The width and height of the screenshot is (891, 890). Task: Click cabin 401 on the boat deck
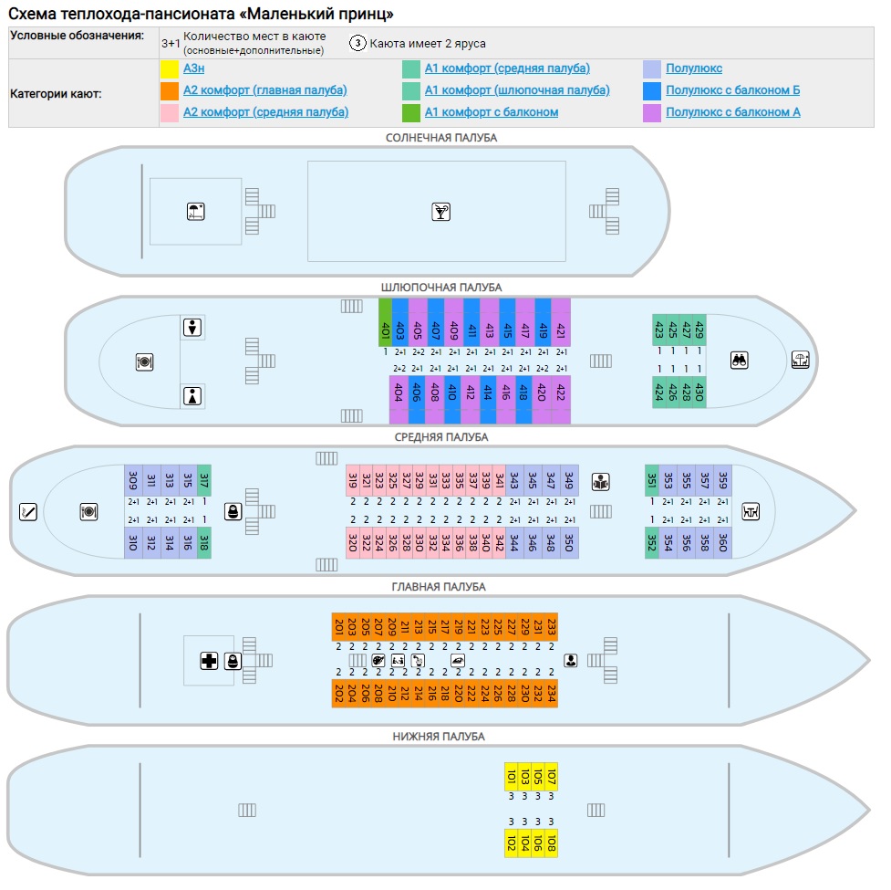tap(385, 322)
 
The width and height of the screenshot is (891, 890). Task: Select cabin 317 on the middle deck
tap(204, 480)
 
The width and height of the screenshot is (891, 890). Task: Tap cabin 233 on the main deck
tap(551, 627)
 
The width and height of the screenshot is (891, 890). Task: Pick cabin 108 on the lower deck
tap(551, 843)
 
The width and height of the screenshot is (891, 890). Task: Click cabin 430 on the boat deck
tap(699, 392)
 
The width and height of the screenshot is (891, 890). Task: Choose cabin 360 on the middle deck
tap(723, 543)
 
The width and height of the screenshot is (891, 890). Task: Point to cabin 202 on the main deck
tap(338, 693)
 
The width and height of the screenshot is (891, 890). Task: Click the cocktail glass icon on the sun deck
tap(440, 212)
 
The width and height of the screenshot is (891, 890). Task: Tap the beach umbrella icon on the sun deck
tap(195, 212)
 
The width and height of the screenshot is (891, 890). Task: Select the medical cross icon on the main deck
tap(209, 661)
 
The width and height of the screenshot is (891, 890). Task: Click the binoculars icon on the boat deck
tap(739, 360)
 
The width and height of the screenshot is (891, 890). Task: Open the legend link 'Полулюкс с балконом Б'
tap(732, 89)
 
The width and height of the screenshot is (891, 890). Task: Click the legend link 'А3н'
tap(193, 68)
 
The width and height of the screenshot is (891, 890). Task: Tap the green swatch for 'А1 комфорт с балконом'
tap(410, 112)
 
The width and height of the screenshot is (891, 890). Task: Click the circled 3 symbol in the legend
tap(357, 43)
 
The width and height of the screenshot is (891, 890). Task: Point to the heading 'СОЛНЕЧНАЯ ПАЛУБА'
tap(441, 138)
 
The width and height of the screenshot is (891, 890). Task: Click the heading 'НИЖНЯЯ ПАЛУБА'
tap(439, 737)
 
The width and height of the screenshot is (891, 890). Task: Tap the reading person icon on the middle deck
tap(601, 482)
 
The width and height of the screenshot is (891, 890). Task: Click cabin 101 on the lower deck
tap(512, 776)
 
